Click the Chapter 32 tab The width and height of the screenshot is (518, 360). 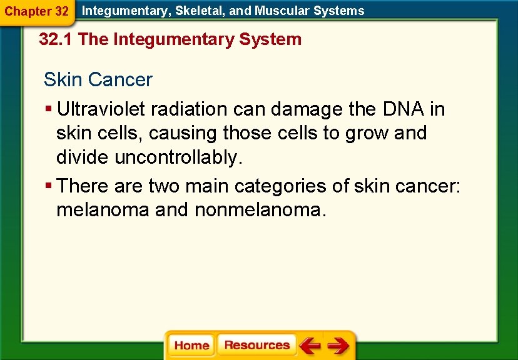(36, 11)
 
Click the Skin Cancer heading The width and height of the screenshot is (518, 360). (98, 79)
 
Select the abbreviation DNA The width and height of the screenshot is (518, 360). (403, 109)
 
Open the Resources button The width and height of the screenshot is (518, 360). (256, 345)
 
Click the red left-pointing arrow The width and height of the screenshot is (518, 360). (309, 345)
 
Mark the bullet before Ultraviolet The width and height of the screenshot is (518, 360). (48, 109)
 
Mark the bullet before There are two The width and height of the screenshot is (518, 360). (48, 186)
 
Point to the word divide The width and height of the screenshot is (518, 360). (83, 157)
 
